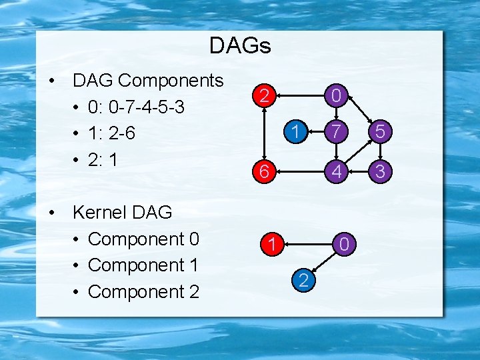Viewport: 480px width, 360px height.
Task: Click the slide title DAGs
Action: (240, 46)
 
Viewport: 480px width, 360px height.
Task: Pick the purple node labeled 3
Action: (379, 171)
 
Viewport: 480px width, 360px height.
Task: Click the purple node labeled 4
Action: (337, 171)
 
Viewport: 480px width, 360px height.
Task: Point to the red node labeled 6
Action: (265, 171)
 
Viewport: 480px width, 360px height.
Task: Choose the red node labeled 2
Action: (265, 97)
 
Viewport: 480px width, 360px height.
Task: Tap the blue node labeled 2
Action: (303, 281)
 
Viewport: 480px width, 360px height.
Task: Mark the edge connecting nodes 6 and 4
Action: (301, 171)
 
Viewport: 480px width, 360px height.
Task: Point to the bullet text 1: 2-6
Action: (111, 133)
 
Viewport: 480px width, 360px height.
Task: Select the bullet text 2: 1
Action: (101, 160)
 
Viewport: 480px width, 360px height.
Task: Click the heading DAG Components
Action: (148, 81)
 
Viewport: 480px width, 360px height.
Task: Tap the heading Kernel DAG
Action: (122, 213)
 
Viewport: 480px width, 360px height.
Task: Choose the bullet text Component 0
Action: (143, 239)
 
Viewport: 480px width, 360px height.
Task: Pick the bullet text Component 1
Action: (143, 265)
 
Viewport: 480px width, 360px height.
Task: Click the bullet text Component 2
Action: (143, 292)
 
